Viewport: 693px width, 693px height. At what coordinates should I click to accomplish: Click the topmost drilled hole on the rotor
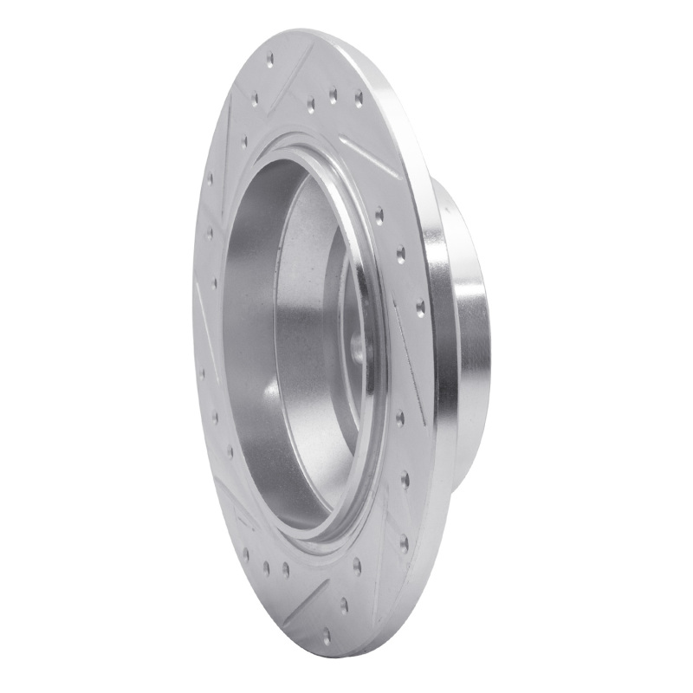click(x=269, y=60)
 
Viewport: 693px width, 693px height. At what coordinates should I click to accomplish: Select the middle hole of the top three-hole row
click(x=334, y=97)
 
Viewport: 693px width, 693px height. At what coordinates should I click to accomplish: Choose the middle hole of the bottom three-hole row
click(x=265, y=568)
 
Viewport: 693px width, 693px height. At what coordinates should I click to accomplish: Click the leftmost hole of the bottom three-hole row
click(x=245, y=552)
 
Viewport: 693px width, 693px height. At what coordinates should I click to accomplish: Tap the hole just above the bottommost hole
click(x=344, y=604)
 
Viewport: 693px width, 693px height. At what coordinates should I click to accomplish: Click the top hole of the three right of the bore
click(x=379, y=211)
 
